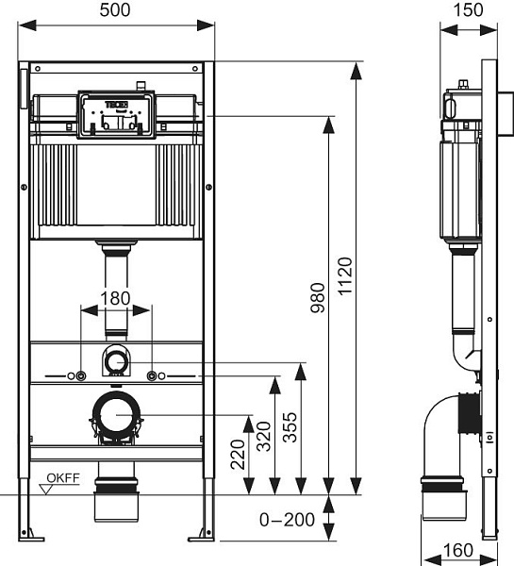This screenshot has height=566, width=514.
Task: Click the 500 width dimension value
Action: (x=116, y=10)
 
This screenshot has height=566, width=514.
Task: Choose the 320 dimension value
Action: (x=264, y=435)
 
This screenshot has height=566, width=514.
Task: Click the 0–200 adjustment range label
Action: (x=287, y=519)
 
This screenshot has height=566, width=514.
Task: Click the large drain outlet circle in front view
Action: (x=117, y=415)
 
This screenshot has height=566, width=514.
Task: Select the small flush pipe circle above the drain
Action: (x=116, y=359)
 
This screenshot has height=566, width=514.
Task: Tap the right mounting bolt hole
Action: (x=152, y=376)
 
